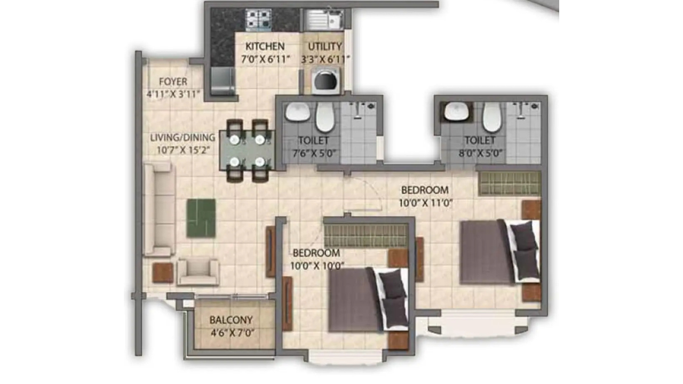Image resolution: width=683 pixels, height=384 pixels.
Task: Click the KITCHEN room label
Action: click(x=265, y=46)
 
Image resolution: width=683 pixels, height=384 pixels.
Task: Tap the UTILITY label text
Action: click(x=325, y=46)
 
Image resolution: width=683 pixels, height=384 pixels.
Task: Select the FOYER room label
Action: click(x=173, y=82)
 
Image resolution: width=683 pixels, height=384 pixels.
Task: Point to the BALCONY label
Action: click(x=231, y=320)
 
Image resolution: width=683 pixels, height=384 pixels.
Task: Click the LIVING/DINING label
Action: click(x=182, y=138)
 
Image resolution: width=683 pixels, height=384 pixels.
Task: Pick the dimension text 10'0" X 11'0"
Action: click(x=426, y=203)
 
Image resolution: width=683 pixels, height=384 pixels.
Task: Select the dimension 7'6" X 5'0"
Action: click(x=314, y=153)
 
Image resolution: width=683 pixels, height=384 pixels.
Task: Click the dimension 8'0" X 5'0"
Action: click(x=481, y=153)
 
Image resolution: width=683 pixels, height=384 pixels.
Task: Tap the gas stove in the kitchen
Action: click(x=259, y=20)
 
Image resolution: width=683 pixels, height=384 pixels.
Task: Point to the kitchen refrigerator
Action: click(x=223, y=81)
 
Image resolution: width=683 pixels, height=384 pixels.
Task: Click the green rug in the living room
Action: click(x=201, y=218)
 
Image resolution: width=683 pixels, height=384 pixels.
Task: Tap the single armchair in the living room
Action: click(x=198, y=272)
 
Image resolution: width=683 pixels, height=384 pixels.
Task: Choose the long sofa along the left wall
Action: click(x=159, y=209)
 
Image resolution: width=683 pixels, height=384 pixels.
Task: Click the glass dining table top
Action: click(x=247, y=150)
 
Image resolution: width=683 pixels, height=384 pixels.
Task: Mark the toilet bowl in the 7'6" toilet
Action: click(x=325, y=117)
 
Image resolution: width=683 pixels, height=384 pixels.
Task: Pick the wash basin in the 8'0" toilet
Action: click(x=456, y=111)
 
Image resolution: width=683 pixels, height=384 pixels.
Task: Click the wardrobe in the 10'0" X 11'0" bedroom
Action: click(x=510, y=183)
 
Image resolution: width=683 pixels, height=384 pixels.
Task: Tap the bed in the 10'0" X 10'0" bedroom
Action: click(x=368, y=299)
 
